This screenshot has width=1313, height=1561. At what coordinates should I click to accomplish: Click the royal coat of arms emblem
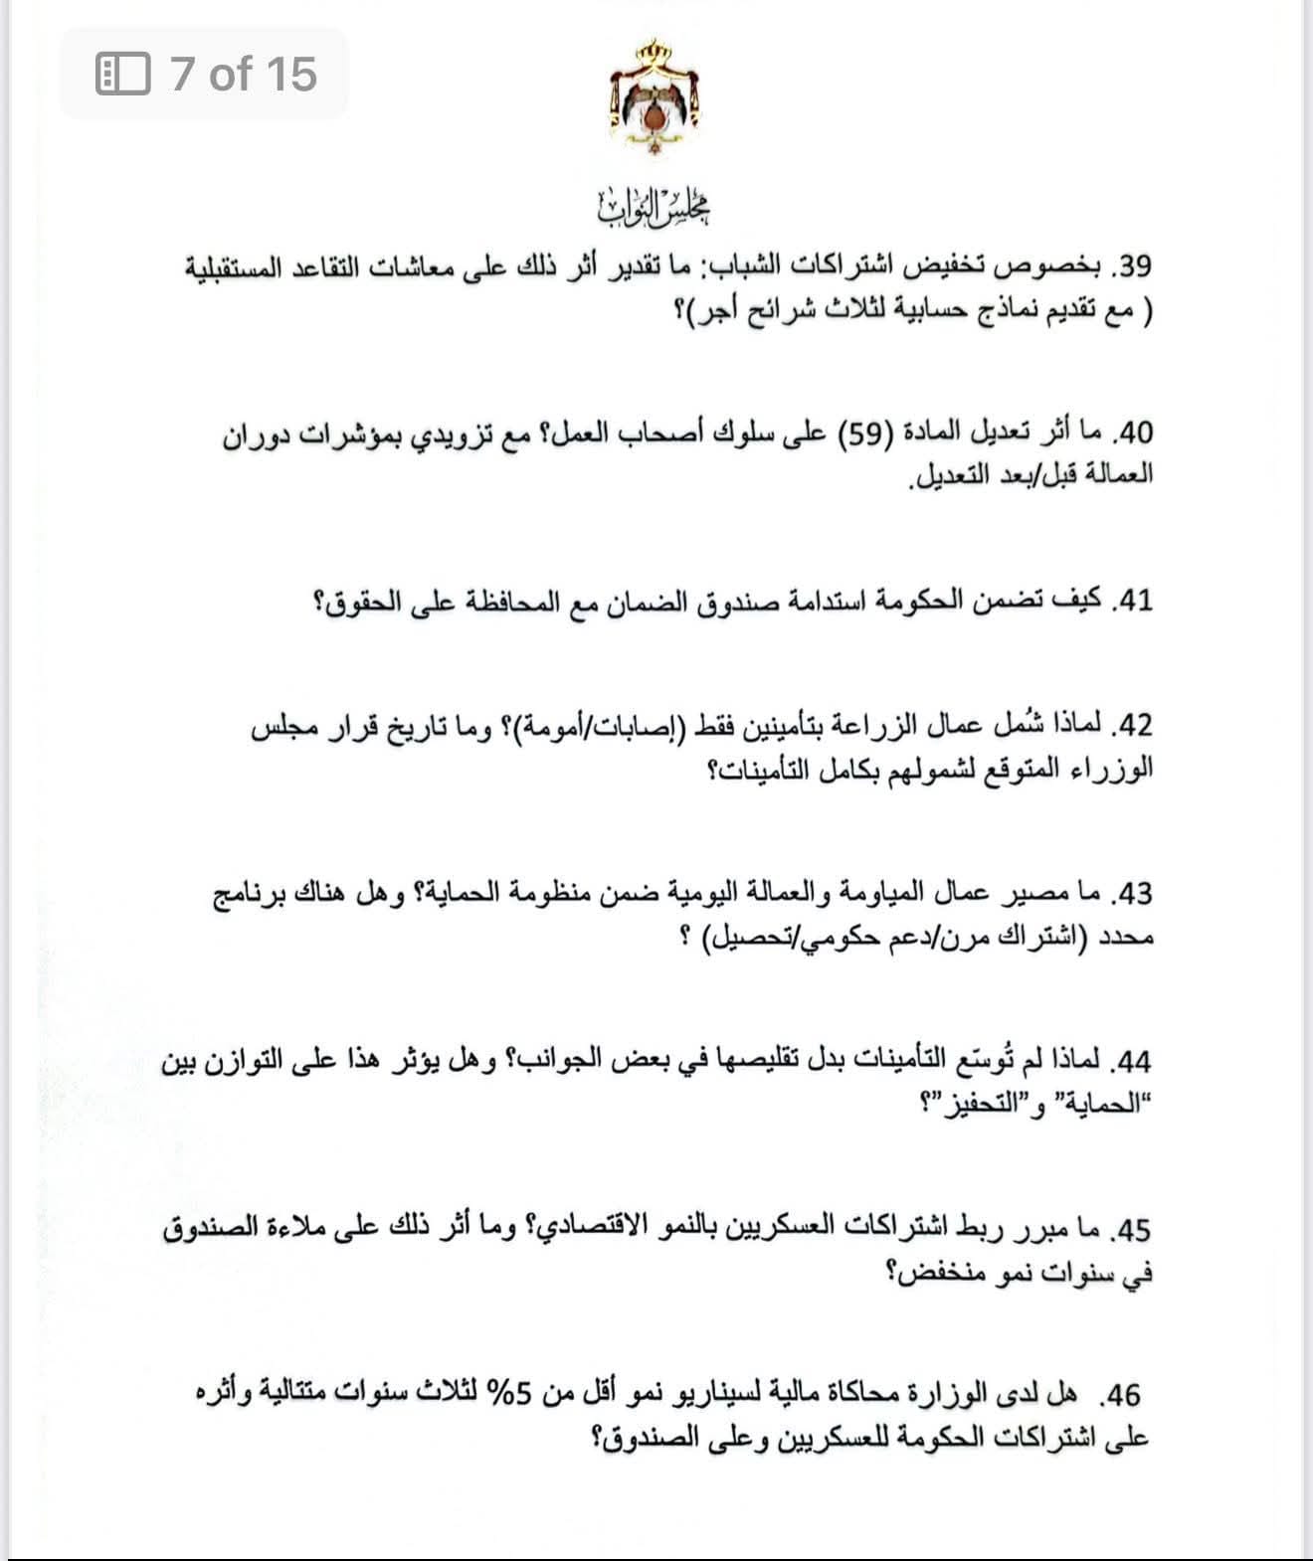654,95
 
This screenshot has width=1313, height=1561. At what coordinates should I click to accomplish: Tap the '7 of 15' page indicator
243,75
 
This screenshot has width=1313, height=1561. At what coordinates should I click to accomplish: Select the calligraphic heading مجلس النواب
656,205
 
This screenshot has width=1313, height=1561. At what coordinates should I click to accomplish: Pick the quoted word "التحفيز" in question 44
969,1104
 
